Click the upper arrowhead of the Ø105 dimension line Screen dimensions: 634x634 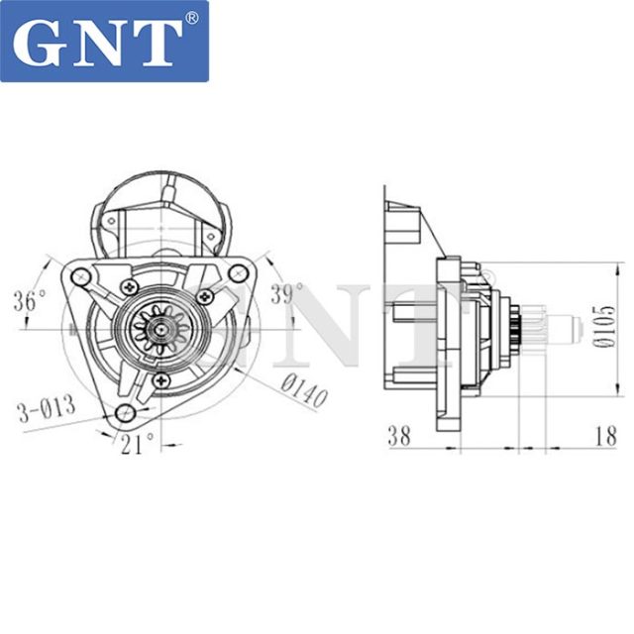click(x=592, y=266)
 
